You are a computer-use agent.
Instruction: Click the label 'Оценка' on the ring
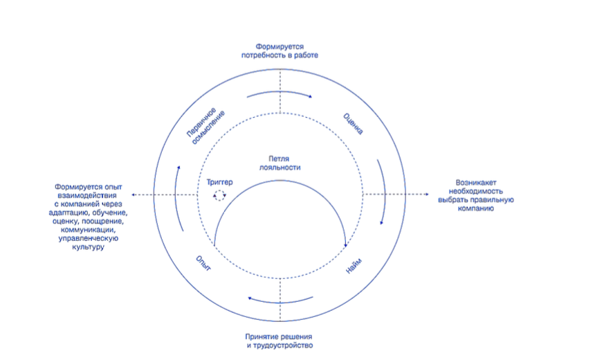click(353, 124)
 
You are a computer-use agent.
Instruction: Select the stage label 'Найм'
click(354, 266)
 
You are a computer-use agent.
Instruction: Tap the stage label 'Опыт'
click(203, 263)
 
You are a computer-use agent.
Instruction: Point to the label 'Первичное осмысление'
click(205, 125)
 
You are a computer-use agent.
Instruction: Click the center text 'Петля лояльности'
click(280, 163)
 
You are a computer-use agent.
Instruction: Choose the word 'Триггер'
click(219, 182)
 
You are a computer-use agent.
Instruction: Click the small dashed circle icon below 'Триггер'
click(219, 195)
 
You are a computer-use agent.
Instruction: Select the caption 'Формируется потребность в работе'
click(280, 51)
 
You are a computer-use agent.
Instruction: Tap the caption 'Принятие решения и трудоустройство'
click(280, 341)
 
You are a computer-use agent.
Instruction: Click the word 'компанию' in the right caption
click(476, 208)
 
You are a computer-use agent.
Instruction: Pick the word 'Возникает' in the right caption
click(476, 182)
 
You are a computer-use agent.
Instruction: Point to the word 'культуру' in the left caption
click(89, 247)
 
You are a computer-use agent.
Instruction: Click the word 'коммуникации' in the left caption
click(88, 230)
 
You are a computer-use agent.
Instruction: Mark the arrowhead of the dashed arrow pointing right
click(427, 194)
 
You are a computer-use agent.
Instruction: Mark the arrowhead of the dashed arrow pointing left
click(134, 195)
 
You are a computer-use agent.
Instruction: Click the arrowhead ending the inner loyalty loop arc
click(346, 245)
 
